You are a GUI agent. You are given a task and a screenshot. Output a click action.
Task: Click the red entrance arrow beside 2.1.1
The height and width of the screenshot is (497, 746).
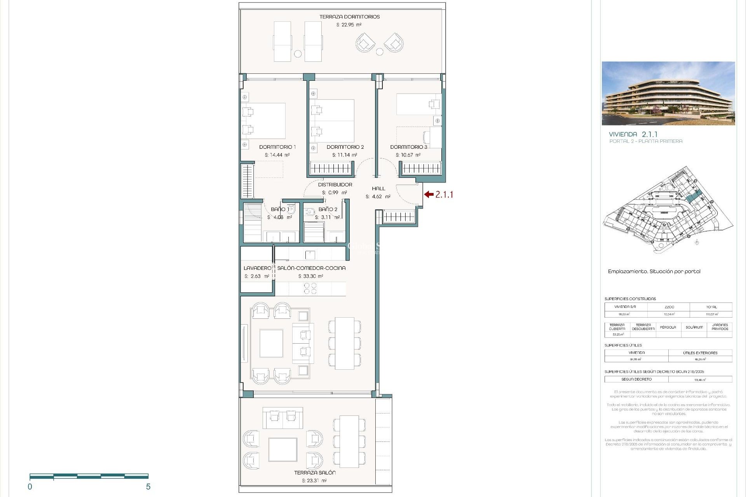click(429, 195)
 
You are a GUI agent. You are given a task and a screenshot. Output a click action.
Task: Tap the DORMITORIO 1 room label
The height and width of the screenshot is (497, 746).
click(277, 147)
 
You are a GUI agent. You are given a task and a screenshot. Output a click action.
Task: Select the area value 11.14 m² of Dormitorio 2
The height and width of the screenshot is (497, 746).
click(344, 155)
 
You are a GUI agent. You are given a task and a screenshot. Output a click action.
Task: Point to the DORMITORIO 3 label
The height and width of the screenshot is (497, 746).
click(408, 147)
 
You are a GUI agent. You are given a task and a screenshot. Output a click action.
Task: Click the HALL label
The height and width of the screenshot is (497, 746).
click(378, 189)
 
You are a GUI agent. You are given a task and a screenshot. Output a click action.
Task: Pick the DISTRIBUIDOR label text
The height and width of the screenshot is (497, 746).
click(335, 185)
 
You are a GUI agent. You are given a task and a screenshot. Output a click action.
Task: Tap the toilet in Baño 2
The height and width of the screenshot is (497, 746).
click(310, 212)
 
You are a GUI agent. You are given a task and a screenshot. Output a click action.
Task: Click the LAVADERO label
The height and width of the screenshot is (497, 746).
click(257, 268)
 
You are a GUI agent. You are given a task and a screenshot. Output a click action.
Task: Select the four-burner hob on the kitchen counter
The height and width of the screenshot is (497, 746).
click(310, 288)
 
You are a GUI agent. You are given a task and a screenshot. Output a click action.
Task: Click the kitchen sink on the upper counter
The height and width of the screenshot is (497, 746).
click(310, 255)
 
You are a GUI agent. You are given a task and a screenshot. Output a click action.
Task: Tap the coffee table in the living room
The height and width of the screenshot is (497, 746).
click(271, 343)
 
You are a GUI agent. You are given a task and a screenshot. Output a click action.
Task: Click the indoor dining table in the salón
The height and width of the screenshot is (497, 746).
click(345, 343)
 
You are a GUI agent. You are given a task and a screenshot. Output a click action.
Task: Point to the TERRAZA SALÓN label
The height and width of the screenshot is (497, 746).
click(315, 473)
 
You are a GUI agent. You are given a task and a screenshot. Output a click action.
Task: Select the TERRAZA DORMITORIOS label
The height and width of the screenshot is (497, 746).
click(349, 17)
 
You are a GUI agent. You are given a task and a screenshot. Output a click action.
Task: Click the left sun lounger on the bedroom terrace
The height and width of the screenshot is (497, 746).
click(282, 42)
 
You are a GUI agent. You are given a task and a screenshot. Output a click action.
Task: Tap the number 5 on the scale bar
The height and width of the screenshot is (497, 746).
click(148, 487)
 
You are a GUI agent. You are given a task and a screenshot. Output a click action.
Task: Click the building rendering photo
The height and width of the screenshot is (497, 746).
click(668, 93)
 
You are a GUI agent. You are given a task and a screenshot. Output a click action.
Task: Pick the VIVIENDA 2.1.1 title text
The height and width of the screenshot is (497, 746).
click(633, 134)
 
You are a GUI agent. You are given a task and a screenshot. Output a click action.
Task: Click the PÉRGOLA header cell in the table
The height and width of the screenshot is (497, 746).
click(668, 327)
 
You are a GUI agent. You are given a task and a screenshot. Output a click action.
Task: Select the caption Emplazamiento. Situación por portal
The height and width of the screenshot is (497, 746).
click(654, 271)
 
